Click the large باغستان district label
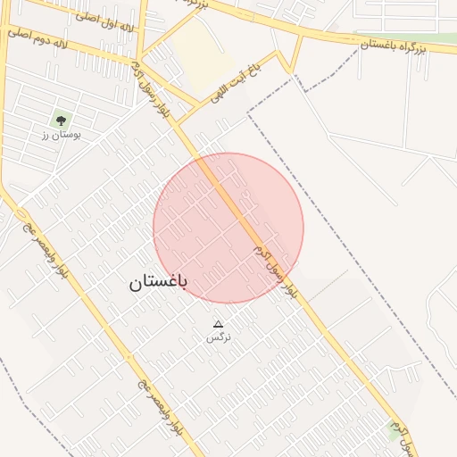click(158, 283)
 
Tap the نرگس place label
click(218, 337)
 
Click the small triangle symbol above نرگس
click(218, 324)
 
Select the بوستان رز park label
click(61, 135)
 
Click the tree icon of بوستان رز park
click(60, 119)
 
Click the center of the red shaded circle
click(228, 228)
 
